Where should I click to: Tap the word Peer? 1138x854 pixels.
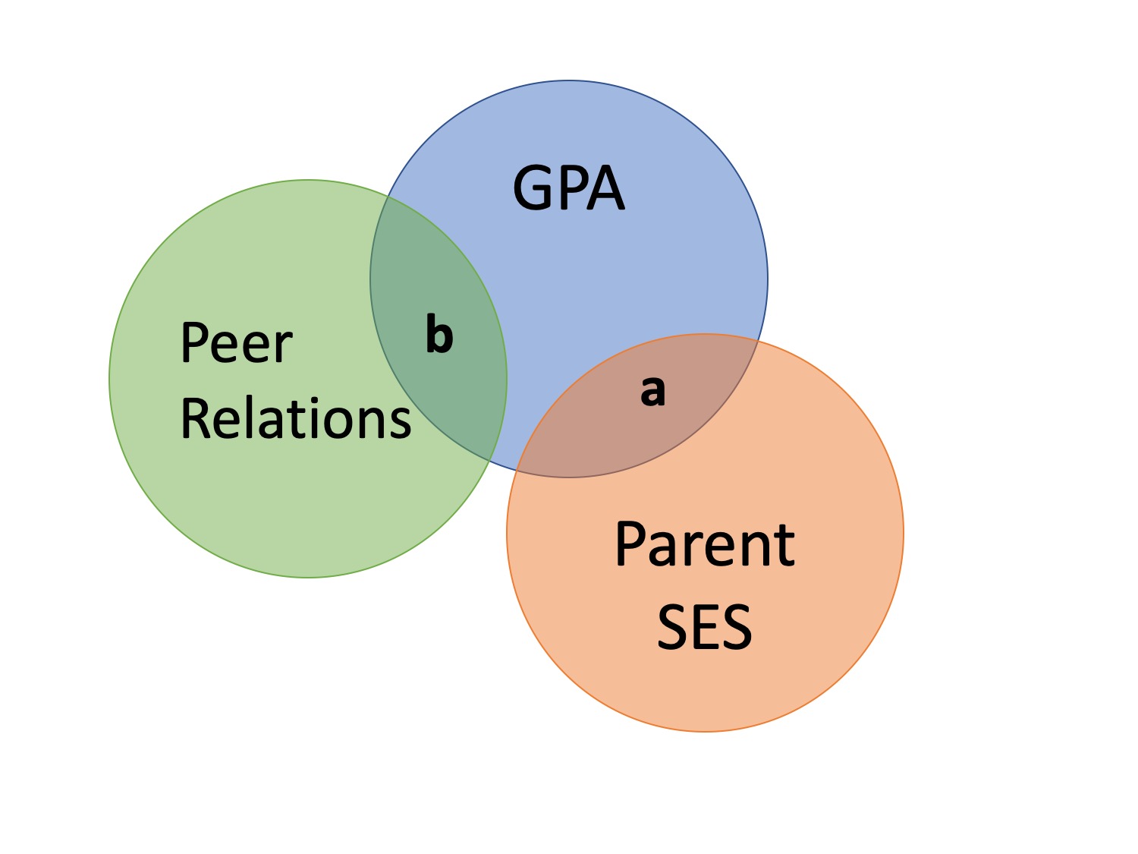point(236,343)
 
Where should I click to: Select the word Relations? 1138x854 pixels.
point(295,419)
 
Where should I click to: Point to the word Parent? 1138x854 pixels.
point(704,544)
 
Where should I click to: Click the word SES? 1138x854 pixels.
point(704,627)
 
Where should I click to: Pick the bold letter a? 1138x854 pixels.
point(652,391)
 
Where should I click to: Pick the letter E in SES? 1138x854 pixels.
point(704,627)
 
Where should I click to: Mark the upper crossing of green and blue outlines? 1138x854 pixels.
point(388,197)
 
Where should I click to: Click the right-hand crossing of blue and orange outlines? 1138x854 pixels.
point(758,341)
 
